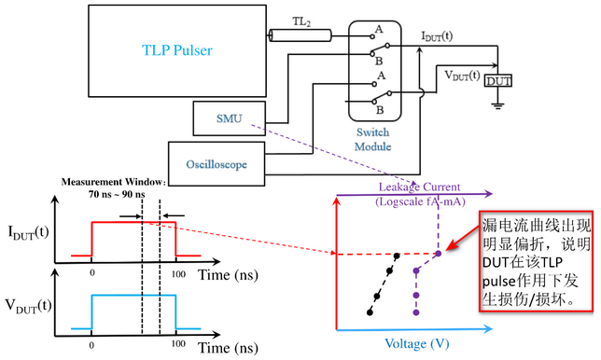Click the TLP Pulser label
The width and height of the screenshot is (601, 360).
(177, 50)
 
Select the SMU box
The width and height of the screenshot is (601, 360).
(230, 118)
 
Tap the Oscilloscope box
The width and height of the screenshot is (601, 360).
(217, 164)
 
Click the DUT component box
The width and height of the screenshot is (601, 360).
(498, 81)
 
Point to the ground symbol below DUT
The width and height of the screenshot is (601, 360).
(498, 105)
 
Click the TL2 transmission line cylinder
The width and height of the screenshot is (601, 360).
(300, 35)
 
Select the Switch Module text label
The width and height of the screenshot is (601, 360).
(373, 139)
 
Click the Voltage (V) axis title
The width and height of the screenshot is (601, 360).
(416, 343)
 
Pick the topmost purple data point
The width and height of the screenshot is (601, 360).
(438, 254)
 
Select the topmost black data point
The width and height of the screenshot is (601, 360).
(397, 256)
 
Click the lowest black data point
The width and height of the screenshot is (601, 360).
(370, 312)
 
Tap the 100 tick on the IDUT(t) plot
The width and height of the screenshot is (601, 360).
(178, 274)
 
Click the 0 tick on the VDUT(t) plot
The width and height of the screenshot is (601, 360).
(91, 345)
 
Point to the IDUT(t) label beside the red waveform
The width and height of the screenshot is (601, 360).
(28, 232)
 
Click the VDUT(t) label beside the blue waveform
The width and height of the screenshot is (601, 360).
(28, 306)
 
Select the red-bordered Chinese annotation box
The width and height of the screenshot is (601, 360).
(537, 261)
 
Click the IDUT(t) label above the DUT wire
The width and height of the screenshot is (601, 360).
(437, 36)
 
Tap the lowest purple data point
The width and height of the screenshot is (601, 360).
(416, 312)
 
